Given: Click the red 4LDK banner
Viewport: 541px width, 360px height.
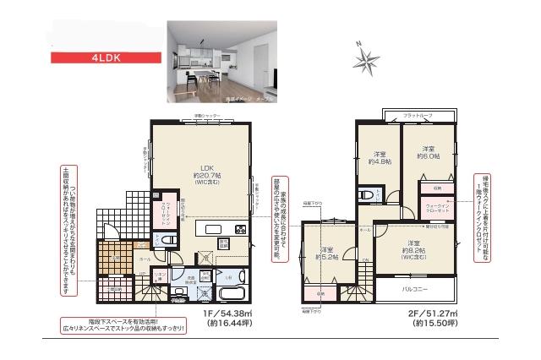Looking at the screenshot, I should pos(106,58).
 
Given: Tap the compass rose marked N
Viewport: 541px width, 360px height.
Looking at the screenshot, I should pos(366,57).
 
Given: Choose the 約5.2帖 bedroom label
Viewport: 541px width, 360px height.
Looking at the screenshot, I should pos(328,254).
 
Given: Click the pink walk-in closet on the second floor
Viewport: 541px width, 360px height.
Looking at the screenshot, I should pos(438,206).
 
